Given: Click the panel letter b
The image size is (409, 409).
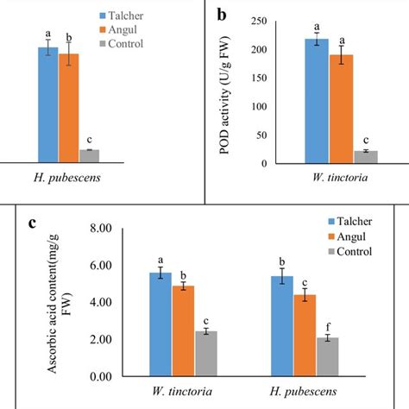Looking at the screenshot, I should pyautogui.click(x=222, y=16).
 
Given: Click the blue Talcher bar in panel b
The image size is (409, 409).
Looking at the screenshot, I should pyautogui.click(x=317, y=101).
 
